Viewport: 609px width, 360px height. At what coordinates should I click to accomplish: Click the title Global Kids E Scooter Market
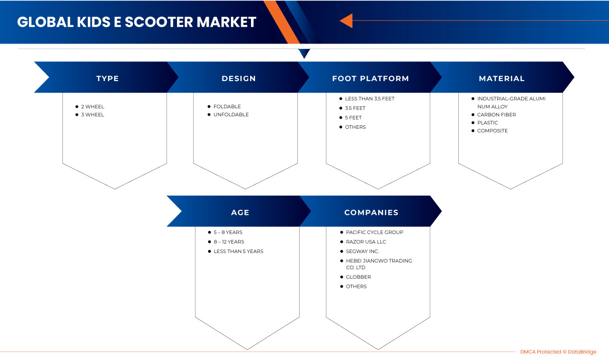click(x=136, y=22)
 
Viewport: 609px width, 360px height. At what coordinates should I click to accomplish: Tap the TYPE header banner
click(x=107, y=78)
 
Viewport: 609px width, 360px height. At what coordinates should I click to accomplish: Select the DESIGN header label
click(x=239, y=78)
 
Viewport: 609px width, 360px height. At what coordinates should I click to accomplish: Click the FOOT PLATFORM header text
click(x=370, y=78)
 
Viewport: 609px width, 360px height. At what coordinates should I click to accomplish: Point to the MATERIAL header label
click(x=502, y=78)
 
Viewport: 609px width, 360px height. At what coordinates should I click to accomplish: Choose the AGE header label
click(x=240, y=213)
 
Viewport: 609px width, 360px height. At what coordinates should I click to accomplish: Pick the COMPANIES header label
click(x=371, y=213)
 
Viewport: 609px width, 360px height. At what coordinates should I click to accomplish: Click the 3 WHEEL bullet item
click(x=92, y=115)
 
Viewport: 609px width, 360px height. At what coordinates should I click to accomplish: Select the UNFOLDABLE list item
click(x=231, y=115)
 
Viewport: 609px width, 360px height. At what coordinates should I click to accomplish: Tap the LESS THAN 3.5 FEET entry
click(x=370, y=98)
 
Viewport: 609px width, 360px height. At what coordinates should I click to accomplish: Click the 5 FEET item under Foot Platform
click(x=353, y=118)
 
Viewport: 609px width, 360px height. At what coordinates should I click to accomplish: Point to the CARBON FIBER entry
click(x=496, y=115)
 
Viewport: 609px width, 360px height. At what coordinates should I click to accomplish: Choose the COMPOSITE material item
click(x=492, y=131)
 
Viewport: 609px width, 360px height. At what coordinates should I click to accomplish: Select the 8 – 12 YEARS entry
click(x=229, y=242)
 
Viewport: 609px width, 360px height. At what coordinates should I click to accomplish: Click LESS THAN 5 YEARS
click(x=239, y=251)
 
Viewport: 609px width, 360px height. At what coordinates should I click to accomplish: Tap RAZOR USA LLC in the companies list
click(x=366, y=242)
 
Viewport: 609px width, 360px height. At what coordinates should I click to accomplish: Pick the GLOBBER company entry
click(x=358, y=277)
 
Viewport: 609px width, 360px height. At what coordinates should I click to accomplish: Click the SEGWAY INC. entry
click(x=362, y=251)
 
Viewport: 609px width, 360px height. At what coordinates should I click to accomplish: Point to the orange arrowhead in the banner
click(x=346, y=20)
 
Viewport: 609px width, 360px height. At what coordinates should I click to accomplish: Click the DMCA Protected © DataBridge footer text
click(x=558, y=352)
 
